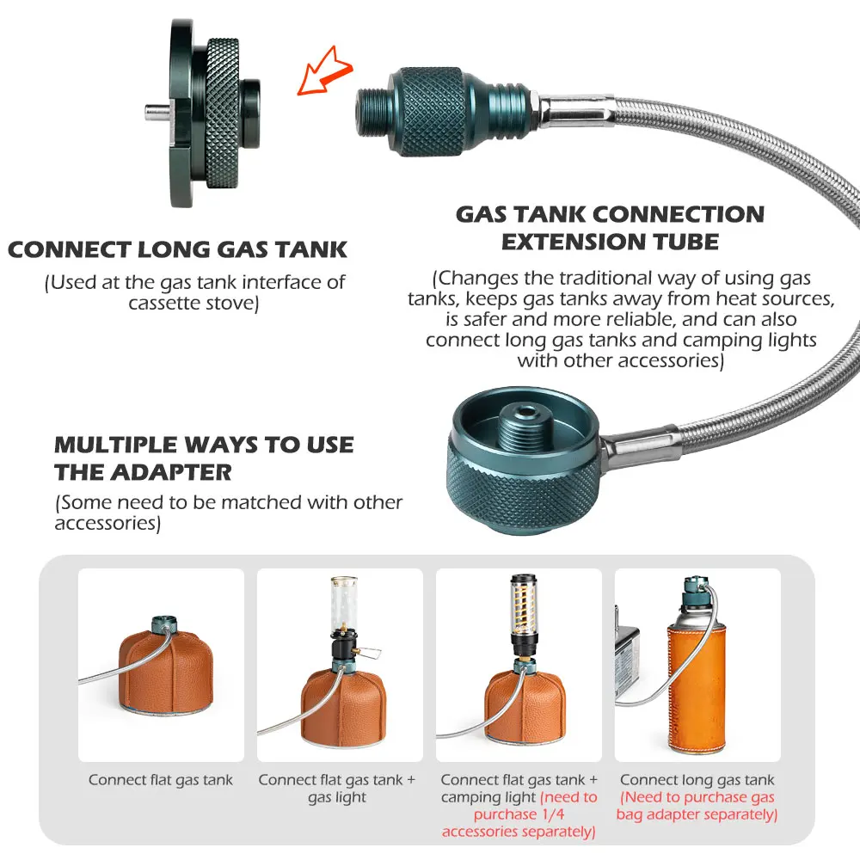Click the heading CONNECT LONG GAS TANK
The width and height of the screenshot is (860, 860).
pyautogui.click(x=177, y=250)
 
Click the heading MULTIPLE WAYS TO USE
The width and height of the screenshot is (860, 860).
pyautogui.click(x=204, y=445)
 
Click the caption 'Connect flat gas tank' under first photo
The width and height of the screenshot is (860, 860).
pyautogui.click(x=161, y=780)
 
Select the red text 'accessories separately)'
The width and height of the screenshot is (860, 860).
pyautogui.click(x=519, y=832)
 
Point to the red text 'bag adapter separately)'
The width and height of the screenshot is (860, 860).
pyautogui.click(x=697, y=814)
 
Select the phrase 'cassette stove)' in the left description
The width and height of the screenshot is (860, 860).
pyautogui.click(x=193, y=303)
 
